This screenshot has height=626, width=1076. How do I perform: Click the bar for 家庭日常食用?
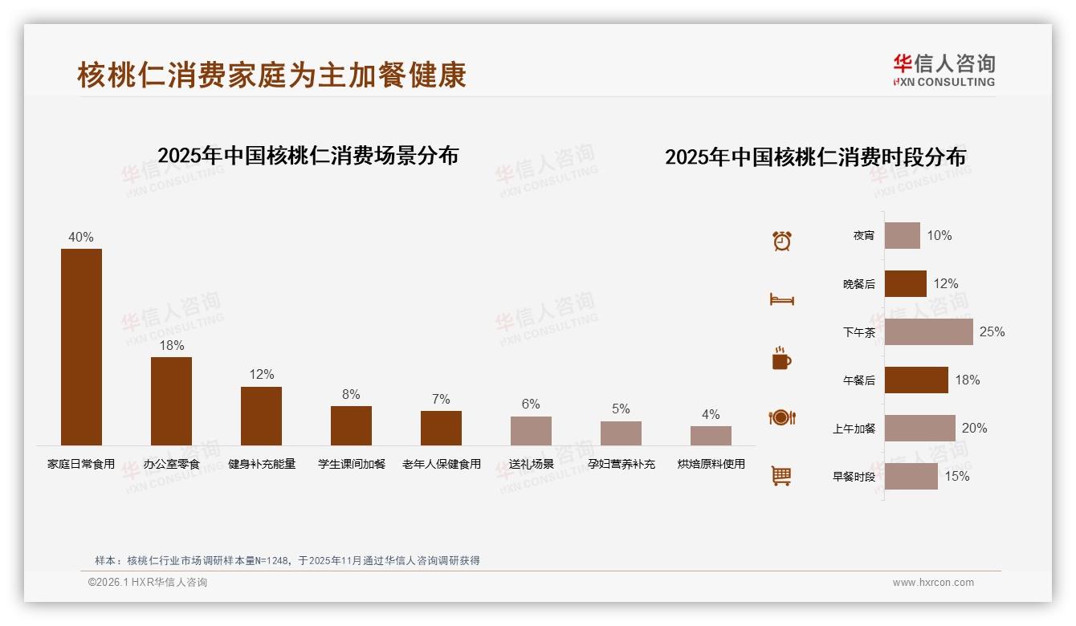tap(81, 347)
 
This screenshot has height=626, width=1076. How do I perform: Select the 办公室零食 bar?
tap(171, 400)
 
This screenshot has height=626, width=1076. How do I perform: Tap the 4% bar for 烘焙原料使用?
tap(711, 435)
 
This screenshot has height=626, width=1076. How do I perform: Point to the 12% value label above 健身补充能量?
tap(262, 374)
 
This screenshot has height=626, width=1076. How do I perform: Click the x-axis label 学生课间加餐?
tap(351, 464)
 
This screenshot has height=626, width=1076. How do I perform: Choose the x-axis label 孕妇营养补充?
tap(621, 464)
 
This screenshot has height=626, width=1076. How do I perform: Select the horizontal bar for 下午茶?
tap(928, 331)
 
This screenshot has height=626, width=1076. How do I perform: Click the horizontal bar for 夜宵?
tap(902, 235)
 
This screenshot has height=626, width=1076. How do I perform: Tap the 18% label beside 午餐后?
tap(967, 380)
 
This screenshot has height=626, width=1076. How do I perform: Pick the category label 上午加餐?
tap(854, 429)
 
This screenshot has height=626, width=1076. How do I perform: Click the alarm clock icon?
tap(781, 240)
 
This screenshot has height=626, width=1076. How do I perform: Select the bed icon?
tap(781, 299)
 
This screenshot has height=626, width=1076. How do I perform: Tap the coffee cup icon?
tap(781, 359)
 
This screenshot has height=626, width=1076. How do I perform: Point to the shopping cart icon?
tap(781, 476)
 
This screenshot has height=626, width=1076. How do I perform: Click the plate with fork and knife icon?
tap(781, 417)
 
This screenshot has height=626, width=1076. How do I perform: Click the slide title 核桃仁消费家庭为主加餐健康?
tap(271, 75)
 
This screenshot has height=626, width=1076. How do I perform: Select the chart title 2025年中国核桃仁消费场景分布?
tap(308, 155)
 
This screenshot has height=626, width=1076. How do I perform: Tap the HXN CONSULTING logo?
tap(944, 70)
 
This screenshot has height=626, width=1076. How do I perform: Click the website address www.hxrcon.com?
tap(933, 583)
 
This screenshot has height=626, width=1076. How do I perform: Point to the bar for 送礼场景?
tap(531, 430)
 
